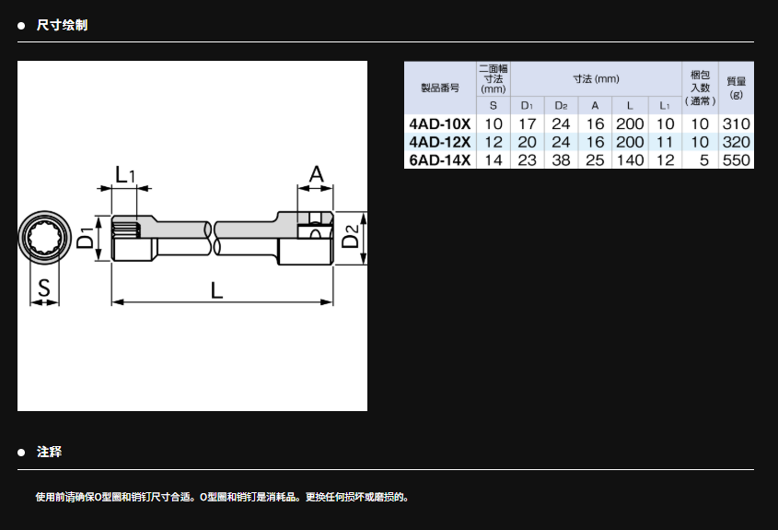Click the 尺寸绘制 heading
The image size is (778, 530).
(x=62, y=25)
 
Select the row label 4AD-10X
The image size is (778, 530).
(x=439, y=124)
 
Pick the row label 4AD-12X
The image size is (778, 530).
(x=439, y=142)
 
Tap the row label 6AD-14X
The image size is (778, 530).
(x=439, y=160)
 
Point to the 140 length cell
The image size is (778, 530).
(x=630, y=160)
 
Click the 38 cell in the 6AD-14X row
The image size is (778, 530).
(x=561, y=160)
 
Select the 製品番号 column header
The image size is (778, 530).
(x=439, y=88)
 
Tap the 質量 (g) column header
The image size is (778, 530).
(x=737, y=88)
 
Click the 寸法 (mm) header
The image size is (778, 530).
(x=596, y=79)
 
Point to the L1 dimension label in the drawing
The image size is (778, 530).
(x=125, y=174)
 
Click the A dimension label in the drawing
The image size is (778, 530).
(x=316, y=174)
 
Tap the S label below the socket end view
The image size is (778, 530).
(x=42, y=289)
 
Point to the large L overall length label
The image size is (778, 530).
(x=216, y=289)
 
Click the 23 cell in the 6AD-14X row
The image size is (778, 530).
(x=527, y=160)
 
